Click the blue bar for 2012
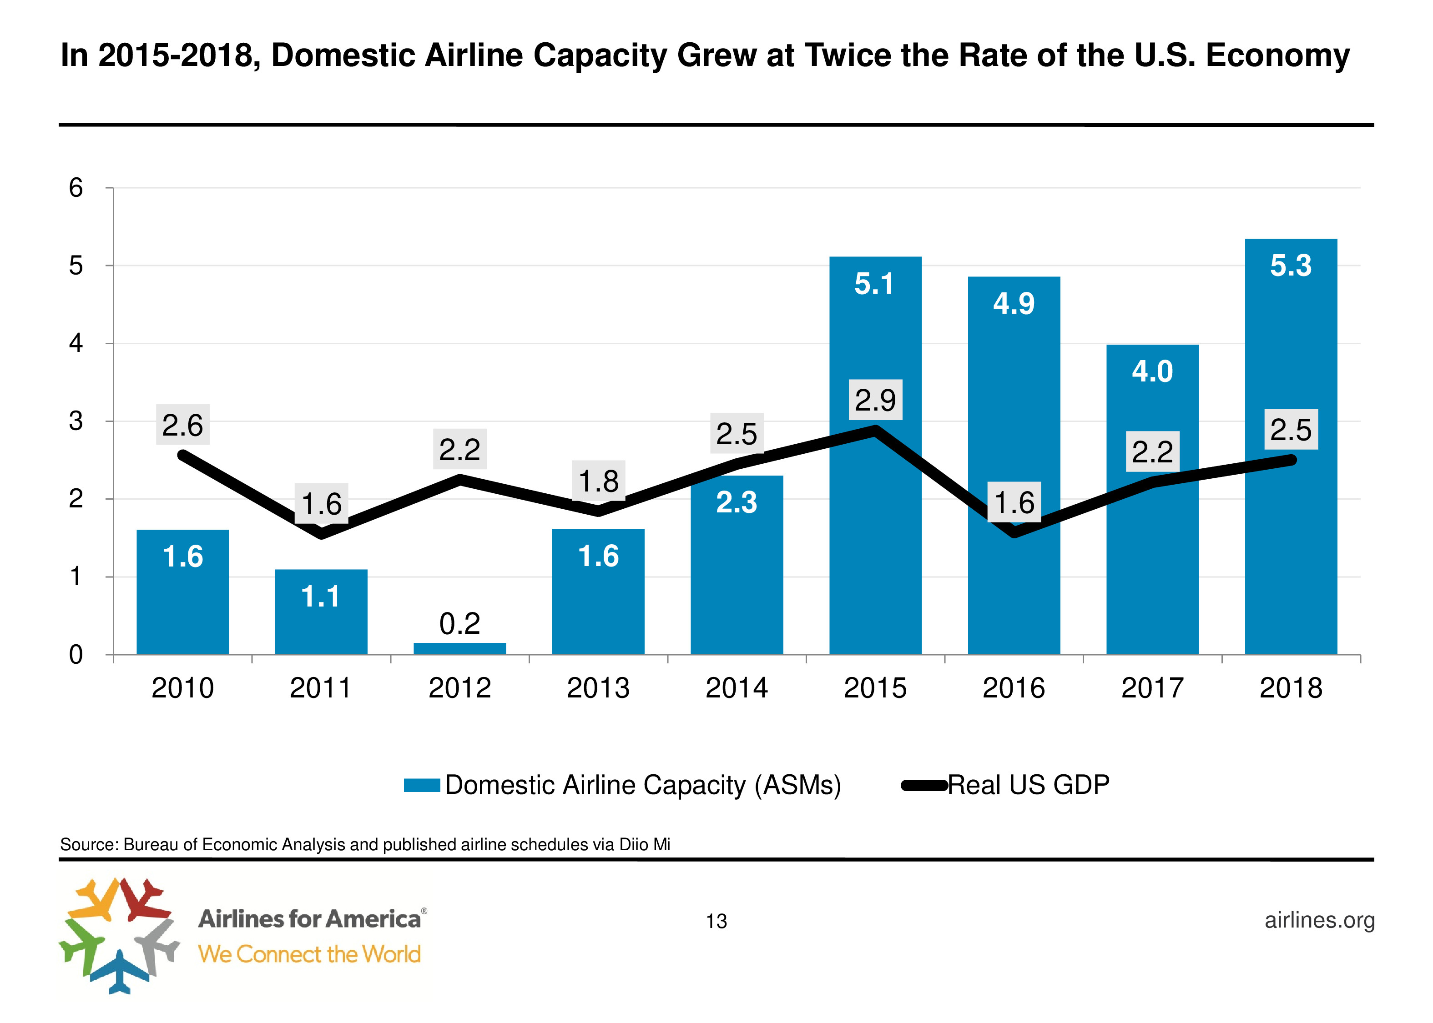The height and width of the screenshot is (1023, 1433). pyautogui.click(x=459, y=648)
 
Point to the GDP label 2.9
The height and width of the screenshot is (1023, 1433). pyautogui.click(x=875, y=400)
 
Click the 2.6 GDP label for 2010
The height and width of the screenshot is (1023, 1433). pyautogui.click(x=183, y=425)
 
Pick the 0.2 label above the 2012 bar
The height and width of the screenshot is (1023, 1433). pyautogui.click(x=459, y=624)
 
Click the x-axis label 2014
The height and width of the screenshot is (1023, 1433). pyautogui.click(x=736, y=688)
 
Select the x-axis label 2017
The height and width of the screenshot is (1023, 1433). pyautogui.click(x=1152, y=688)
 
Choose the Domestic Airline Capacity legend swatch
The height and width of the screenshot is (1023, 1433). pyautogui.click(x=422, y=786)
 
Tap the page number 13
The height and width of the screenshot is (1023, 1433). pyautogui.click(x=716, y=922)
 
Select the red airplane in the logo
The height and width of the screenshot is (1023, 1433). pyautogui.click(x=144, y=897)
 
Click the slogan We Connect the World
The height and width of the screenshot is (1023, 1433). pyautogui.click(x=309, y=954)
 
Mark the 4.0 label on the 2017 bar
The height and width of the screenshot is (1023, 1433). pyautogui.click(x=1152, y=371)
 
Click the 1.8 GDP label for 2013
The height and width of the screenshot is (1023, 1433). pyautogui.click(x=598, y=481)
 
